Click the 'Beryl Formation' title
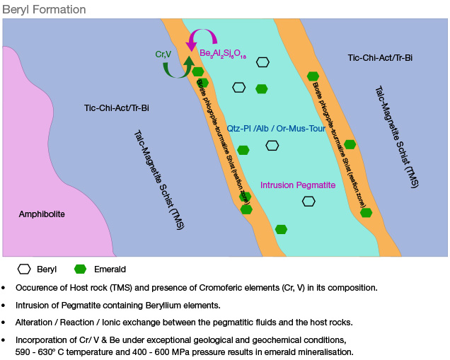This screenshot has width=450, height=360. (x=44, y=10)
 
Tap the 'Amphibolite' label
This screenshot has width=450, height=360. (x=42, y=214)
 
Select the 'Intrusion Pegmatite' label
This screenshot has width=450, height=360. (x=298, y=185)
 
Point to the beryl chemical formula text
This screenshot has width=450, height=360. (x=223, y=54)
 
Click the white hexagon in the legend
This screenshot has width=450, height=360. (x=25, y=269)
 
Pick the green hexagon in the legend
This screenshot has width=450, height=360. (x=80, y=269)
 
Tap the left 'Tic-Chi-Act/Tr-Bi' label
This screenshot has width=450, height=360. (x=117, y=108)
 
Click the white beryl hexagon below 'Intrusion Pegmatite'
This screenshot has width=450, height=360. (x=308, y=201)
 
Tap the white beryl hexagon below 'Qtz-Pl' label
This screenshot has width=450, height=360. (x=272, y=146)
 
